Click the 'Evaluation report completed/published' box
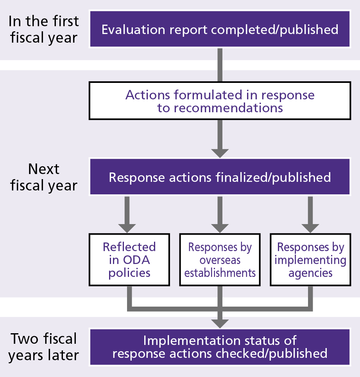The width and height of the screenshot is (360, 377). (220, 29)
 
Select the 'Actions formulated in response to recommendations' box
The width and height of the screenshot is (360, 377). (220, 101)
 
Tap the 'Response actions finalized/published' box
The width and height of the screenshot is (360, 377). (220, 177)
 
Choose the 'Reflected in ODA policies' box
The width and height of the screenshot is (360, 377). (129, 260)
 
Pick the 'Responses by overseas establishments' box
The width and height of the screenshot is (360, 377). (220, 260)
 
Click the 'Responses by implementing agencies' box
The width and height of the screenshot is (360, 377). (310, 260)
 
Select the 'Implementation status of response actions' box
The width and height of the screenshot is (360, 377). (220, 347)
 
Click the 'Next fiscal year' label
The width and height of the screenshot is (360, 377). (44, 177)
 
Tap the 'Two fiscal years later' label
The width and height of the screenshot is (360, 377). (44, 347)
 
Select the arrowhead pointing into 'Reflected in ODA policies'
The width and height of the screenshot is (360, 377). (127, 228)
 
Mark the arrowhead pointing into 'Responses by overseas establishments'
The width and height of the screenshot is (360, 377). (220, 228)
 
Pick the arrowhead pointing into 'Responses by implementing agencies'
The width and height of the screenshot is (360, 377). (310, 228)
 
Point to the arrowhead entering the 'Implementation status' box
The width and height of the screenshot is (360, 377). (220, 323)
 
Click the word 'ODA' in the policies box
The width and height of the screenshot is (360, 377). (137, 260)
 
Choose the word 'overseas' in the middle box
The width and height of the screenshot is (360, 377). (220, 260)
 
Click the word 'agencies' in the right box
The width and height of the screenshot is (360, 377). (310, 273)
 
